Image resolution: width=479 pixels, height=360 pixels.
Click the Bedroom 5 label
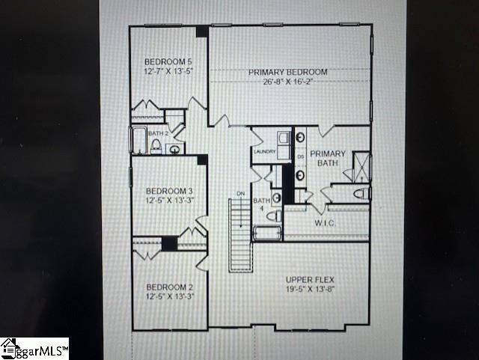click(168, 61)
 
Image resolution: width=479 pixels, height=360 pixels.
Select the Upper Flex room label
click(308, 281)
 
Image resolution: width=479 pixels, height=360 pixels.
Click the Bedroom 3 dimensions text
click(169, 201)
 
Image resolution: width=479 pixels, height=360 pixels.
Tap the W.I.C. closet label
click(324, 222)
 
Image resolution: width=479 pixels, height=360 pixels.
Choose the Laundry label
click(265, 152)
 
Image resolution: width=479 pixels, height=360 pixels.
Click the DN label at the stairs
click(240, 194)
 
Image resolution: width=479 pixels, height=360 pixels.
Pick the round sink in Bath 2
click(175, 149)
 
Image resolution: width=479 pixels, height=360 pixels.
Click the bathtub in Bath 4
click(267, 233)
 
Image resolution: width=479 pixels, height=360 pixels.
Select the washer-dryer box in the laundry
click(284, 138)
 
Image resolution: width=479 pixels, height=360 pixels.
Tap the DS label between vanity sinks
click(301, 157)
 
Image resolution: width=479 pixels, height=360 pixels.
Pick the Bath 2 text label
click(158, 133)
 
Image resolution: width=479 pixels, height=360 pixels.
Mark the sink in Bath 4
click(276, 198)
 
